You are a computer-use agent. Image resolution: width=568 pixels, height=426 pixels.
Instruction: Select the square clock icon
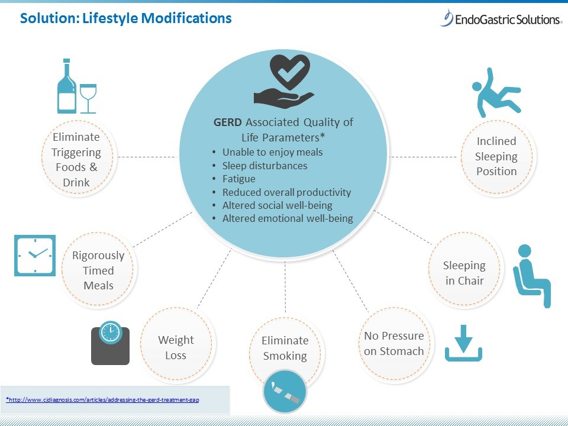tap(35, 256)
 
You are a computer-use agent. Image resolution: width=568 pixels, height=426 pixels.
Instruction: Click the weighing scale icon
tap(110, 343)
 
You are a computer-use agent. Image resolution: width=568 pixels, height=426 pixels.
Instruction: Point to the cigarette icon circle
tap(285, 390)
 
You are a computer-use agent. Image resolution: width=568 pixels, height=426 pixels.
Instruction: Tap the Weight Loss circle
tap(176, 347)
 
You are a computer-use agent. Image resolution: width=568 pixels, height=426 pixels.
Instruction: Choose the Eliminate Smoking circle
tap(285, 348)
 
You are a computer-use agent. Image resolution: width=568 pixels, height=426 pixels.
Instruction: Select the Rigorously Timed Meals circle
tap(98, 270)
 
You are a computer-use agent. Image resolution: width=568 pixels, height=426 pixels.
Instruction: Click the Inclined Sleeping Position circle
tap(496, 156)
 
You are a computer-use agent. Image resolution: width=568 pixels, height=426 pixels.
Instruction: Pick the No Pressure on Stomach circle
tap(394, 343)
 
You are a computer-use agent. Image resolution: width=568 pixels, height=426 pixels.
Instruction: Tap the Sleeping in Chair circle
tap(464, 273)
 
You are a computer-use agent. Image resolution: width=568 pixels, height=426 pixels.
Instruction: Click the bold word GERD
tap(228, 122)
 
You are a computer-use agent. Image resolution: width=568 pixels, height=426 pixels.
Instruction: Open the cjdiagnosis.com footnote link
tap(103, 400)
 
